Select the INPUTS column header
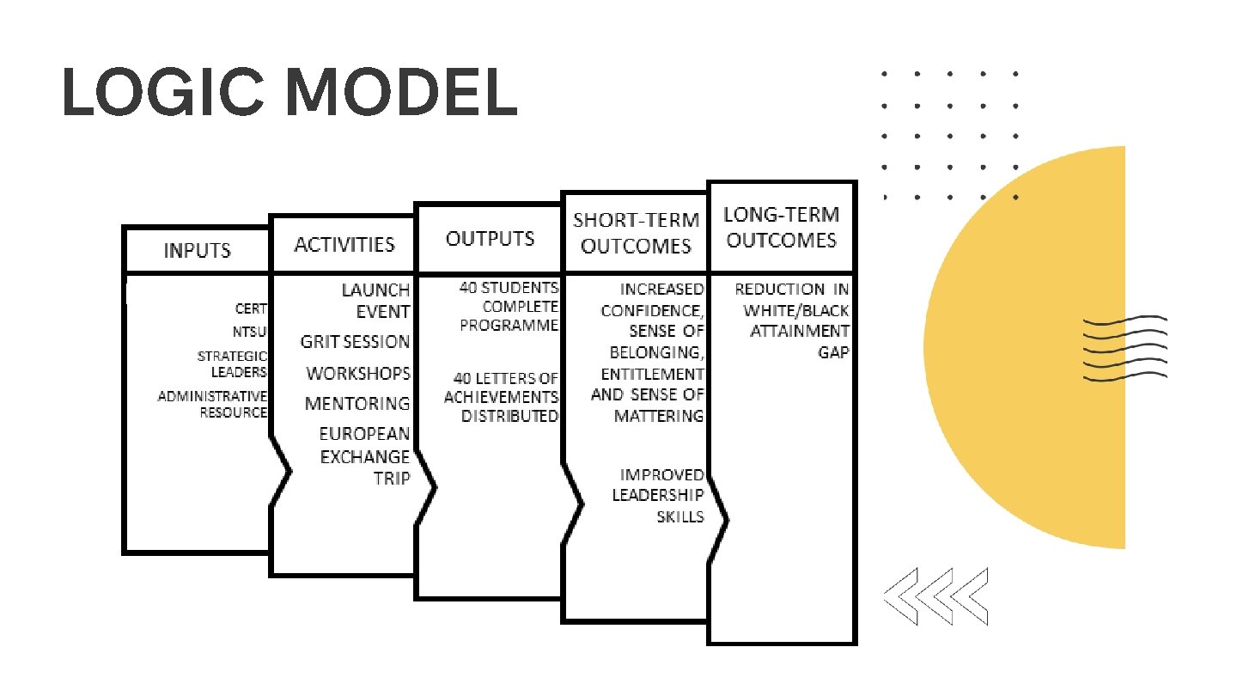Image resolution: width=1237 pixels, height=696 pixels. [198, 251]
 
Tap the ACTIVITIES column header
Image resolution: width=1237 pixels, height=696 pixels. [344, 245]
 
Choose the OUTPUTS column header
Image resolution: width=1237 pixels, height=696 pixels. [490, 239]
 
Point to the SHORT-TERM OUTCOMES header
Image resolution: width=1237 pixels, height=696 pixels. [636, 233]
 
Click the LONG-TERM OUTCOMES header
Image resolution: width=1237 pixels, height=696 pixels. [781, 227]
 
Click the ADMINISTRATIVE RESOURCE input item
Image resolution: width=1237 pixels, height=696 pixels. [212, 404]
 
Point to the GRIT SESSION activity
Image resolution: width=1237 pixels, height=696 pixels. [355, 342]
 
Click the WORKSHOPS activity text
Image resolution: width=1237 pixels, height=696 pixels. [358, 375]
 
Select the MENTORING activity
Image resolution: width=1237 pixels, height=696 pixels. [357, 403]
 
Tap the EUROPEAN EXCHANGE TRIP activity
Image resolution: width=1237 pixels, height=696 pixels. [365, 456]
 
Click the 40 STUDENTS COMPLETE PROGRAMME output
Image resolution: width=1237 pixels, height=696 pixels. [508, 307]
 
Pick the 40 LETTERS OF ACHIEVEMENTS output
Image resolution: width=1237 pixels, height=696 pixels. [502, 397]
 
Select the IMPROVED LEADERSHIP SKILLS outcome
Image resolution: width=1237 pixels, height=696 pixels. [658, 496]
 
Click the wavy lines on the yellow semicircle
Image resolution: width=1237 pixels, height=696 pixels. [1124, 347]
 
